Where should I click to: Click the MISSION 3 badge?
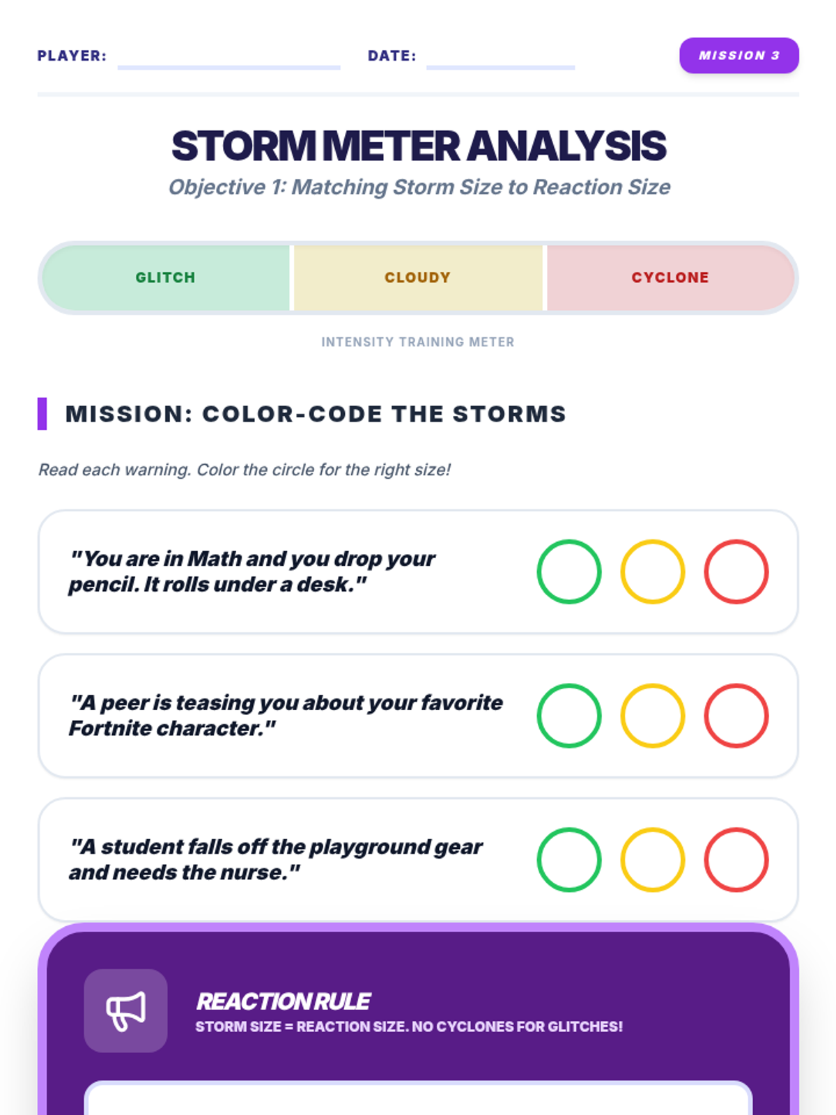(738, 55)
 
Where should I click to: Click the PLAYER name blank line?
(229, 67)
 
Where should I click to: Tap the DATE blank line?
(500, 67)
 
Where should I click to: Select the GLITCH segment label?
(166, 277)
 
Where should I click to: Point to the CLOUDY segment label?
(418, 277)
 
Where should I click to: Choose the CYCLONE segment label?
(670, 277)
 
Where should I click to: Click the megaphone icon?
(125, 1011)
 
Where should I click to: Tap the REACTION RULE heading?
(284, 1001)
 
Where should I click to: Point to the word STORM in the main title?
(244, 146)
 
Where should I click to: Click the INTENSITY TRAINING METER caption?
(418, 342)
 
